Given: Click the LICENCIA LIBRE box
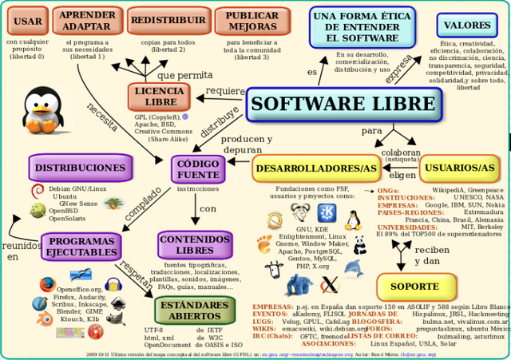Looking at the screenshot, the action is (159, 97).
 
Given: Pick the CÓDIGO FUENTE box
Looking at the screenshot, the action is (197, 168).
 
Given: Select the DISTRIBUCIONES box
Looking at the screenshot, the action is (79, 168).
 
